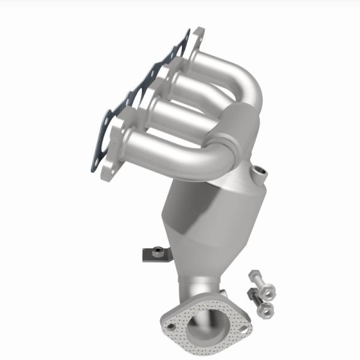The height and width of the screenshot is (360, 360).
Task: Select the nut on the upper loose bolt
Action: pyautogui.click(x=267, y=290)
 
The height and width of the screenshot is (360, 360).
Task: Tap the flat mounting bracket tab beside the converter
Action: pyautogui.click(x=150, y=255)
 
